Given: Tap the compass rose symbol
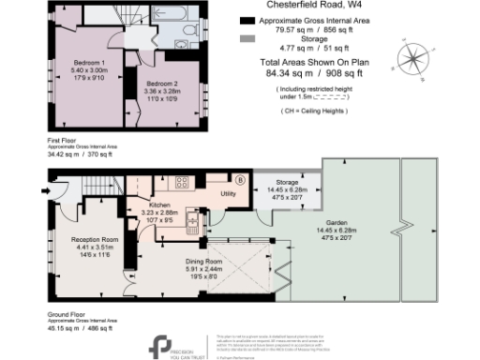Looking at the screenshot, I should click(x=413, y=58).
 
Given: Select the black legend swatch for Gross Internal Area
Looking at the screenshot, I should click(x=247, y=20).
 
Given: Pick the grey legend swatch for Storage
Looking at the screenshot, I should click(x=247, y=39).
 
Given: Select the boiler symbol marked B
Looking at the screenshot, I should click(x=239, y=180).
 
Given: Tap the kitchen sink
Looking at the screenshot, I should click(x=191, y=221).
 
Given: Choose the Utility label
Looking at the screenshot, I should click(x=228, y=193).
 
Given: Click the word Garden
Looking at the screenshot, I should click(x=340, y=223).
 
